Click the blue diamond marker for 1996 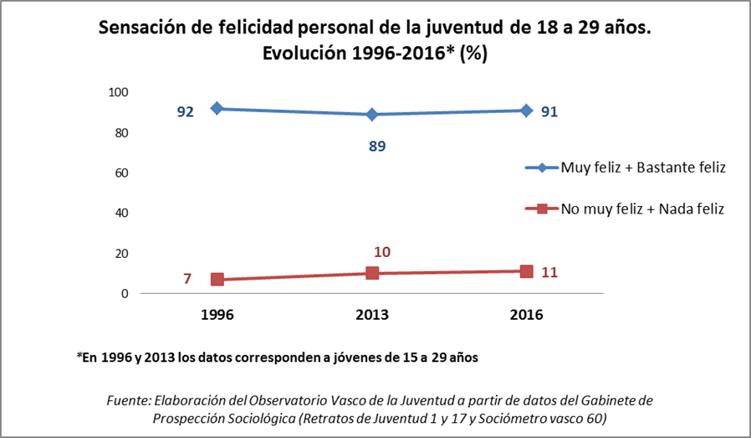coord(217,108)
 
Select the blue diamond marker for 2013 coord(372,114)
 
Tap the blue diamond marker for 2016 coord(526,110)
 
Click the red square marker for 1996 coord(217,279)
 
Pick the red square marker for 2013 coord(372,273)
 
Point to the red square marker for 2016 coord(526,271)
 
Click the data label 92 coord(185,111)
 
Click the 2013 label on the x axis coord(372,316)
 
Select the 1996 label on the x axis coord(217,316)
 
